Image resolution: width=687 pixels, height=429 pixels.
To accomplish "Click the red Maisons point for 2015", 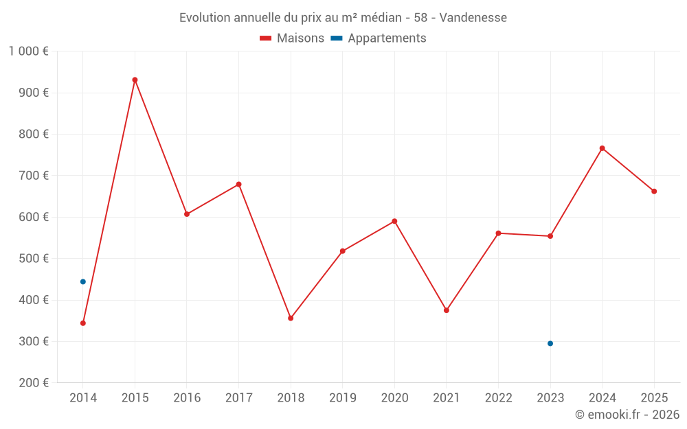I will [x=135, y=80].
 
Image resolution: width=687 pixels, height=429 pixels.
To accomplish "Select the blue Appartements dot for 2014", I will [x=83, y=281].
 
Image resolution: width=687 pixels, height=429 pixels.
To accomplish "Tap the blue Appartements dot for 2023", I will [x=550, y=343].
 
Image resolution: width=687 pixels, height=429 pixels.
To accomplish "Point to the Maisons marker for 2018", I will [x=291, y=318].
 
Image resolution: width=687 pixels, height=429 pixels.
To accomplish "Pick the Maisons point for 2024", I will [x=602, y=148].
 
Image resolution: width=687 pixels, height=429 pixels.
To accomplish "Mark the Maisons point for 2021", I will [x=447, y=310].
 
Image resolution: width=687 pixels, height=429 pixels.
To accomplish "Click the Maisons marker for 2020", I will [x=394, y=221].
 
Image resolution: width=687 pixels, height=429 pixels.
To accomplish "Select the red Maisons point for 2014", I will [x=83, y=323].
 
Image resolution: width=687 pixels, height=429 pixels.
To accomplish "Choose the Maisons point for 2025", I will [x=654, y=192].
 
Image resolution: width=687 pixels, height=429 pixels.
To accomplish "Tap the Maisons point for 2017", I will [x=238, y=184].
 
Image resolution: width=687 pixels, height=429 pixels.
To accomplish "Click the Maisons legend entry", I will [x=292, y=38].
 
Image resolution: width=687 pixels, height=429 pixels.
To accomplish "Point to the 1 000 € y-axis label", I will [x=28, y=51].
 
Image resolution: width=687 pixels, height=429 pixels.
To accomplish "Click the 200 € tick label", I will [x=34, y=383].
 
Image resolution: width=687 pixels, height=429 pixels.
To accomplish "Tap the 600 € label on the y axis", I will [x=34, y=217].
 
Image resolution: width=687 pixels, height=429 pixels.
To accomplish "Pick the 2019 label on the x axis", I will [x=342, y=397].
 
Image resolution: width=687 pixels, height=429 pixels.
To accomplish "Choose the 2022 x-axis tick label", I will [x=498, y=397].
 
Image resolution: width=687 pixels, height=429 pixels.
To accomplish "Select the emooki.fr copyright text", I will [x=627, y=415].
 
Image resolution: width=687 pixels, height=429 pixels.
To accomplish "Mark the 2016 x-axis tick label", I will [x=187, y=397].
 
